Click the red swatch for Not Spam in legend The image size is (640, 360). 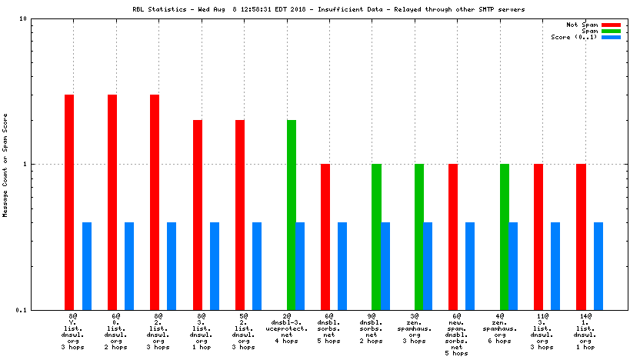click(x=611, y=25)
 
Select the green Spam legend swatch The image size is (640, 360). click(x=611, y=31)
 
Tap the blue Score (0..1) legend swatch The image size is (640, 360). click(x=611, y=37)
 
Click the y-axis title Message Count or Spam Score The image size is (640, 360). click(x=5, y=164)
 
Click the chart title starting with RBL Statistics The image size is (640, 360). click(x=319, y=10)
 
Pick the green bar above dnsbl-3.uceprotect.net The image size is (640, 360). click(x=292, y=215)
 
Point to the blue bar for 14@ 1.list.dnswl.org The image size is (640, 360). click(x=598, y=265)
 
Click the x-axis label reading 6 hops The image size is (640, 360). click(x=499, y=347)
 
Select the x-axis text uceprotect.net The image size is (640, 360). click(x=286, y=328)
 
